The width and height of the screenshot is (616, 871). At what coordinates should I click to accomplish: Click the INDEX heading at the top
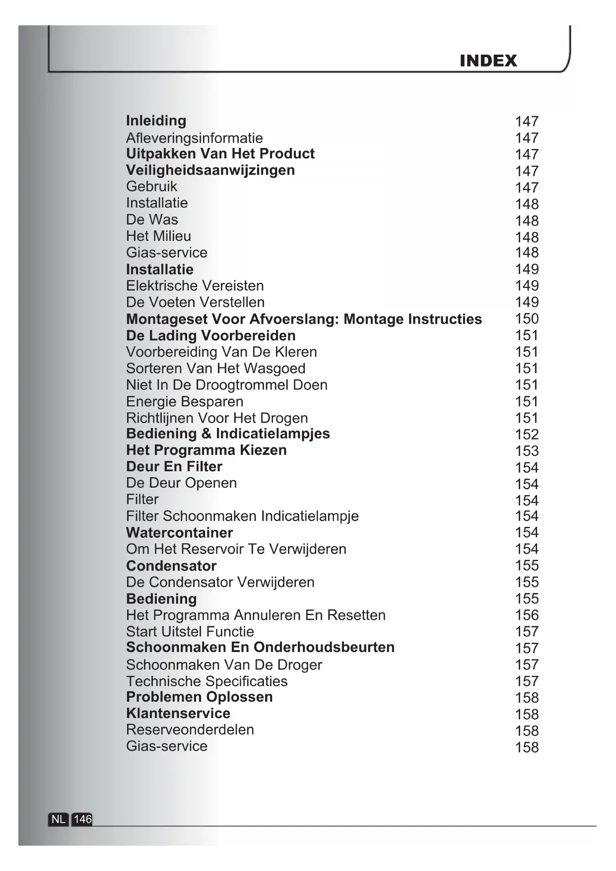[x=488, y=61]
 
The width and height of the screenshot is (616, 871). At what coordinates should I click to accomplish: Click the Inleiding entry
[x=156, y=121]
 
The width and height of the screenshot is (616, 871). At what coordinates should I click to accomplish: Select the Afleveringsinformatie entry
[x=194, y=138]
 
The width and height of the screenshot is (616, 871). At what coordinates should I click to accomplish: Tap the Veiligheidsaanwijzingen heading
[x=210, y=170]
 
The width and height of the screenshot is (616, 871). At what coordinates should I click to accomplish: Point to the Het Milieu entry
[x=158, y=236]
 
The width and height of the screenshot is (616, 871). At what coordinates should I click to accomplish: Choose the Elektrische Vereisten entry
[x=195, y=286]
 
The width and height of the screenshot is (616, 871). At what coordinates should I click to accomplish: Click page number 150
[x=527, y=319]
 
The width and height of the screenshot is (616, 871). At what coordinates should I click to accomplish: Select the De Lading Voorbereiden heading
[x=210, y=335]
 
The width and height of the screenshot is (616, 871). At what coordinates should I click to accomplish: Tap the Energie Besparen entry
[x=184, y=401]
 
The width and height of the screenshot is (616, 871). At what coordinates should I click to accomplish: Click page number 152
[x=527, y=435]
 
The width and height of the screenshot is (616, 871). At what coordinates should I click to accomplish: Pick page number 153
[x=527, y=451]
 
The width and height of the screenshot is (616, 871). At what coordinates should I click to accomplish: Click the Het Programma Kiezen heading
[x=206, y=450]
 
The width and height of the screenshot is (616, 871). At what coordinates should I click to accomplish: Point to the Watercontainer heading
[x=179, y=532]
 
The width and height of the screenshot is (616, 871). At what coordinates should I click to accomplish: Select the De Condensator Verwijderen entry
[x=220, y=582]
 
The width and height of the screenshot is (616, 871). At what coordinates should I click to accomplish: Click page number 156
[x=527, y=615]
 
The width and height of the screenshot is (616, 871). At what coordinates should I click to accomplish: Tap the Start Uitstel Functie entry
[x=190, y=632]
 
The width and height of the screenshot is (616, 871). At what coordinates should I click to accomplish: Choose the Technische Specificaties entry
[x=206, y=681]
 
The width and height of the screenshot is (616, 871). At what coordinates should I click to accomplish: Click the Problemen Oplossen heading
[x=199, y=697]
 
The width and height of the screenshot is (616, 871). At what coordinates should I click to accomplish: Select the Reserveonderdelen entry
[x=190, y=729]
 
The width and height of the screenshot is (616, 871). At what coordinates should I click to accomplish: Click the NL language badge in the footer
[x=59, y=819]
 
